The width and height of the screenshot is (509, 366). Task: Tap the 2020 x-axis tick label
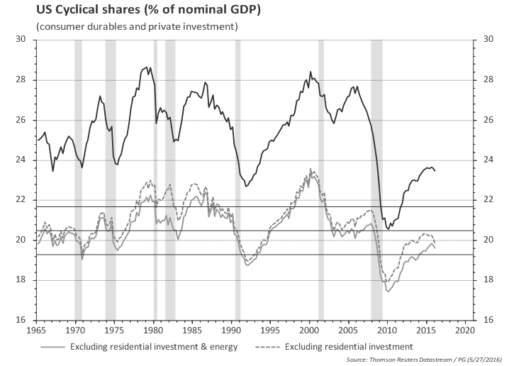point(464,331)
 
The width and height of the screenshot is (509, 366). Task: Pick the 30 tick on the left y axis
point(21,40)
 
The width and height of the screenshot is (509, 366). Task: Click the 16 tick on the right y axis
point(488,320)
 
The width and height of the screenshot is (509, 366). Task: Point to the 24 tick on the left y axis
point(21,160)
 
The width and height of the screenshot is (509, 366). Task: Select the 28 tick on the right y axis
point(488,80)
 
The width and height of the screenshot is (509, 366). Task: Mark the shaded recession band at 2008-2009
point(376,177)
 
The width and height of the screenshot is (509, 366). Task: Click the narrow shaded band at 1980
point(155,177)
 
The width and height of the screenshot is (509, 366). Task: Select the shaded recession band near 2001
point(321,177)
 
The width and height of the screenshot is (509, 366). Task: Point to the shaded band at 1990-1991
point(237,177)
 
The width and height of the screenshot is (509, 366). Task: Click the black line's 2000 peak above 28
point(310,72)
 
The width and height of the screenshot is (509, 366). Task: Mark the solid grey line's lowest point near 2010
point(388,291)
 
